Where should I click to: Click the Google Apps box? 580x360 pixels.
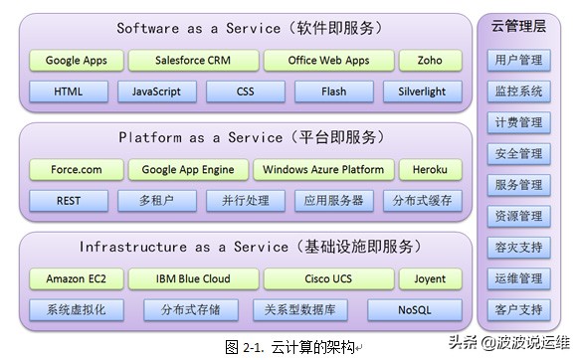(77, 61)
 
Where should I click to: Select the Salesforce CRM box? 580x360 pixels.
(193, 61)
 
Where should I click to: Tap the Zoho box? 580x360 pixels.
(430, 61)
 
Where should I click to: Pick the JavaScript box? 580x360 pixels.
(157, 91)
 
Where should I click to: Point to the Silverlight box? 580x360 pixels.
(423, 91)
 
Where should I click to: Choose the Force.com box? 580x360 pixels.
(77, 170)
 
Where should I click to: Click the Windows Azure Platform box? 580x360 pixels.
(323, 170)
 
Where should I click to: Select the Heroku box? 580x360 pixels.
(430, 170)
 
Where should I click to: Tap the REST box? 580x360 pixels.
(69, 201)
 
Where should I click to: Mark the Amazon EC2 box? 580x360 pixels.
(77, 278)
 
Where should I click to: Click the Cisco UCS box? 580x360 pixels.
(328, 278)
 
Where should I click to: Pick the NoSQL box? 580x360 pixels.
(415, 310)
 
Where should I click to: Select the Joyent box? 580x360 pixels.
(430, 278)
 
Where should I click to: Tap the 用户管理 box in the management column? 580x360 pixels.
(518, 60)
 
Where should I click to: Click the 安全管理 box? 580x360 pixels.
(518, 154)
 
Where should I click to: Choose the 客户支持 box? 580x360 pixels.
(518, 309)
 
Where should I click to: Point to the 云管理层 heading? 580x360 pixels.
(518, 26)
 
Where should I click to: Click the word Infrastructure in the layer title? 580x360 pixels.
(133, 247)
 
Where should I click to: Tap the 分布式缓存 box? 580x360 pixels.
(423, 201)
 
